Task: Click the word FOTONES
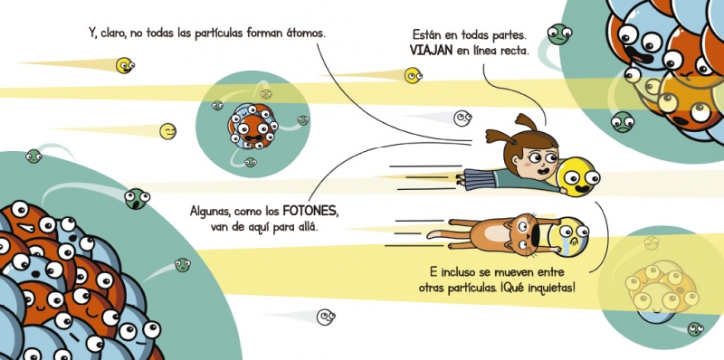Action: pos(310,212)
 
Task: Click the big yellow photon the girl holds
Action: pos(577,176)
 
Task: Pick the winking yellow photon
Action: pos(167,131)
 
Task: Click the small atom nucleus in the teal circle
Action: pos(252,126)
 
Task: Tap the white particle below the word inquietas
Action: pos(326,317)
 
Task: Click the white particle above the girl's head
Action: pos(462,118)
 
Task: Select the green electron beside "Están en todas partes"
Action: pos(559,34)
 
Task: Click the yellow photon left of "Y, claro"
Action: pos(125,65)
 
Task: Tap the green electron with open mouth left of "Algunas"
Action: pos(137,198)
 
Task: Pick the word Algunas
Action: pos(210,213)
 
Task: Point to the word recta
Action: pos(514,51)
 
